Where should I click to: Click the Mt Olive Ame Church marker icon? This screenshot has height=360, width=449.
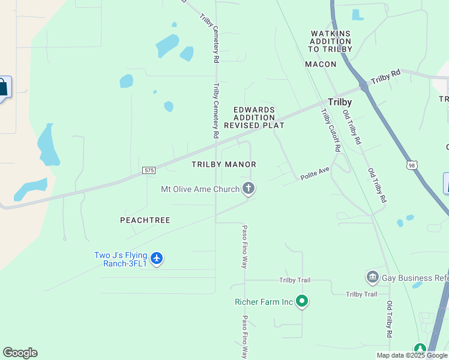(249, 189)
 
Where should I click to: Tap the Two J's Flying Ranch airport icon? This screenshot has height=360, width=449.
(157, 259)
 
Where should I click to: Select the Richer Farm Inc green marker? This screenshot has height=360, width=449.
(302, 301)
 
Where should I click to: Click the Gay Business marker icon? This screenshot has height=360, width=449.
(372, 277)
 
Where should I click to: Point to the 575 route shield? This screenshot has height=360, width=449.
(149, 171)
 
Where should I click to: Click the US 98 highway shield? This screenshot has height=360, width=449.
(411, 164)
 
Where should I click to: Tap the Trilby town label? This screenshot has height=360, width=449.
(339, 102)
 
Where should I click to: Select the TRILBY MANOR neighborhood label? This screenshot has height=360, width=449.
(224, 164)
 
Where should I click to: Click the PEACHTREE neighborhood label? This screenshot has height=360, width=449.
(145, 220)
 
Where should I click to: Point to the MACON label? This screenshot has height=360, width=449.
(321, 64)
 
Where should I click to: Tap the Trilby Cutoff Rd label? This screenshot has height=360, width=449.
(331, 130)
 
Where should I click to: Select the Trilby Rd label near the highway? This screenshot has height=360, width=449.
(385, 77)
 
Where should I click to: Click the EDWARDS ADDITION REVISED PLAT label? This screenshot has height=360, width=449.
(254, 118)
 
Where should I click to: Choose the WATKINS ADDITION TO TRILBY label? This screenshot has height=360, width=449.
(330, 41)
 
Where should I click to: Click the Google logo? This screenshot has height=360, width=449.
(20, 353)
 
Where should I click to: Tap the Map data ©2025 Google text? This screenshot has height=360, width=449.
(411, 355)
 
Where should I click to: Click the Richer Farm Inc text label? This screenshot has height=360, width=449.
(264, 302)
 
